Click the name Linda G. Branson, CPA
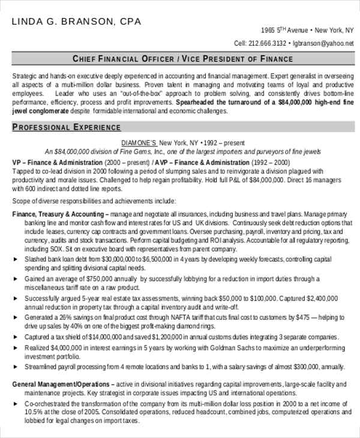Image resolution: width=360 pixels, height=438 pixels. [77, 22]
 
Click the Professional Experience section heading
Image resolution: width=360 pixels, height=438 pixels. [67, 127]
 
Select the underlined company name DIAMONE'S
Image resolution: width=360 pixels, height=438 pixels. [139, 143]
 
